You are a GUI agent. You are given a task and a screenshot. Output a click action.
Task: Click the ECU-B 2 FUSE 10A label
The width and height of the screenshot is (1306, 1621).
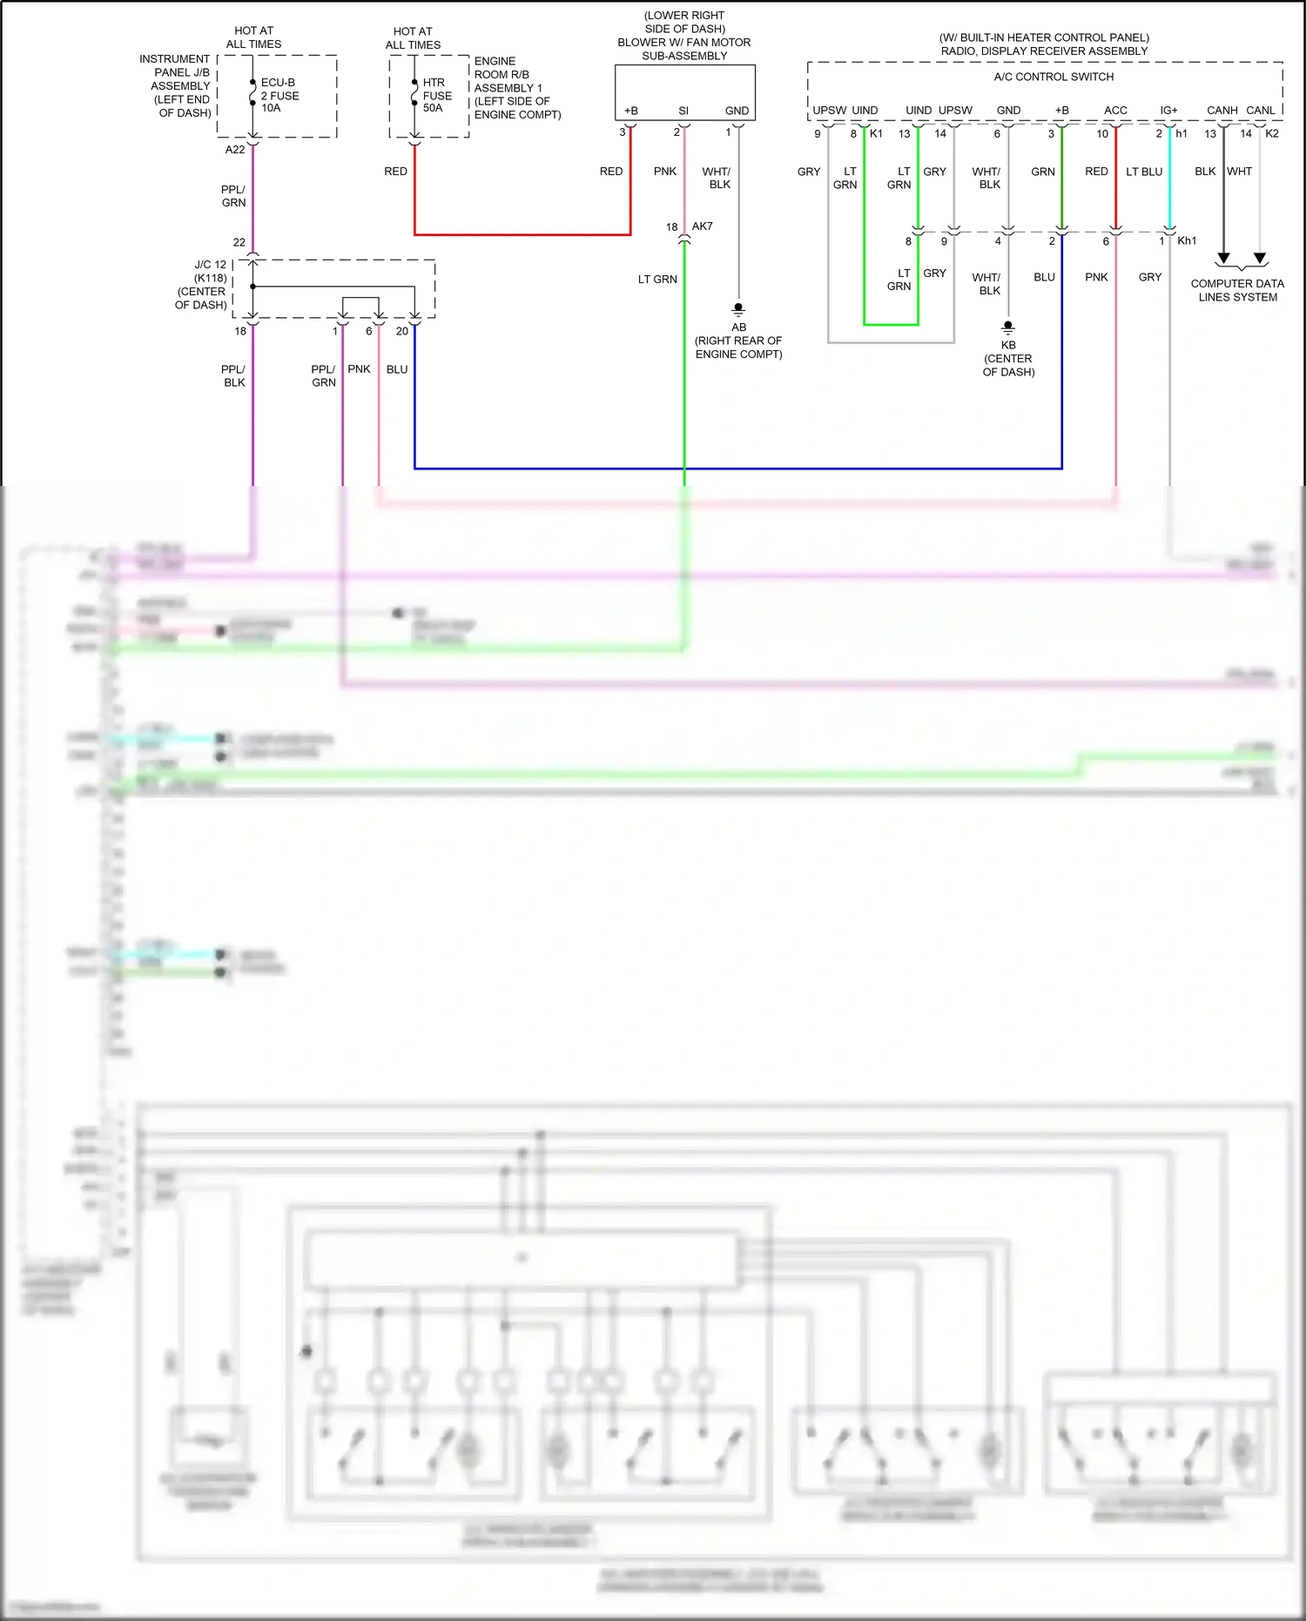click(x=279, y=95)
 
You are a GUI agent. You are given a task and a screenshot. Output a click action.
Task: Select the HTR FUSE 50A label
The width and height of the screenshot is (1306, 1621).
click(x=436, y=95)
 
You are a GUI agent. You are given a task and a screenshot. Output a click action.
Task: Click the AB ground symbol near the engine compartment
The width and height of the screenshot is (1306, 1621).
click(x=738, y=308)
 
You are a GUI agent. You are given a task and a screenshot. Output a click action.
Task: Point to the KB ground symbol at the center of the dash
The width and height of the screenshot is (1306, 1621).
click(x=1008, y=327)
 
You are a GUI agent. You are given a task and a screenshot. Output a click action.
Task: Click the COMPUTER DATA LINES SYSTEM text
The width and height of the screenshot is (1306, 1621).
click(x=1237, y=290)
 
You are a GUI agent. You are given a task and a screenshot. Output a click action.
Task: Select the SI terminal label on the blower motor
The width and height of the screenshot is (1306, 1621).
click(x=683, y=111)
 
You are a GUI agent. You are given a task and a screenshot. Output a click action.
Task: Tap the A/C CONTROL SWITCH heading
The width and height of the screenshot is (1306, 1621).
click(x=1054, y=77)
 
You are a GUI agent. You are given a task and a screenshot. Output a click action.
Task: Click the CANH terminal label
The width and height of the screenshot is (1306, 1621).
click(x=1222, y=111)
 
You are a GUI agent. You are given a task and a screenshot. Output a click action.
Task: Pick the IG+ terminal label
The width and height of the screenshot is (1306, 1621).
click(x=1168, y=111)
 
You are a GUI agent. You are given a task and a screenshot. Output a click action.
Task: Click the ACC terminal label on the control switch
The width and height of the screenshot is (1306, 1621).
click(x=1115, y=111)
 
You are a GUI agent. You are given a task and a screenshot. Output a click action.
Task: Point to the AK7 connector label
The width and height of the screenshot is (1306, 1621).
click(x=703, y=226)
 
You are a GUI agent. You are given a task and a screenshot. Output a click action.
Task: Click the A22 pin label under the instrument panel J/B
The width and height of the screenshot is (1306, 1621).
click(x=235, y=150)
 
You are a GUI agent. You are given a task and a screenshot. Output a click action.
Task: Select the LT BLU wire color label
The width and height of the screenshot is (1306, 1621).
click(x=1144, y=172)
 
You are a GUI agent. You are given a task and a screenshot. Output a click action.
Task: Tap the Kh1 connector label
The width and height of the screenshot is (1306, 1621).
click(x=1187, y=241)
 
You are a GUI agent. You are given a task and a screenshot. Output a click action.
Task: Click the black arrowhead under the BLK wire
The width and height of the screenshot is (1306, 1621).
click(x=1223, y=258)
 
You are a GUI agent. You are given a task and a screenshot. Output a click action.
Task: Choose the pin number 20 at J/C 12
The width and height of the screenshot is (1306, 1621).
click(x=402, y=331)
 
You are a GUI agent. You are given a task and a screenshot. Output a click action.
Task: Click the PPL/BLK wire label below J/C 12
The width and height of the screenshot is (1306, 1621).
click(x=234, y=375)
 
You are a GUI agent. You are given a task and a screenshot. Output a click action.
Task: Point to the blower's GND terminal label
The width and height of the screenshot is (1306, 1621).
click(x=737, y=111)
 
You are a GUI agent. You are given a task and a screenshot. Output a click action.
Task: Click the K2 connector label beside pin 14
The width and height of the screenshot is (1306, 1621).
click(x=1272, y=133)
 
